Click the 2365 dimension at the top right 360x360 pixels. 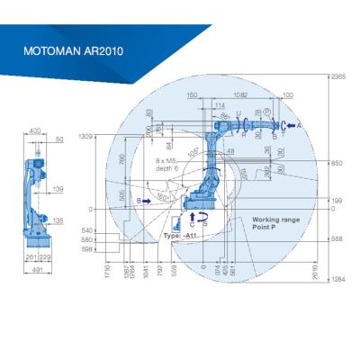tap(339, 78)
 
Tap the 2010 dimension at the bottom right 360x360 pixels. tap(316, 270)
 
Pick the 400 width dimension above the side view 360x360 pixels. tap(35, 131)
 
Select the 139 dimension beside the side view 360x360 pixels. tap(58, 189)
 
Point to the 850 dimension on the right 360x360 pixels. tap(337, 164)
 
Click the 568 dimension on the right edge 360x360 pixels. tap(337, 239)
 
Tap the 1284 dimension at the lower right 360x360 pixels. tap(339, 280)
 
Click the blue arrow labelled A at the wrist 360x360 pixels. tap(291, 126)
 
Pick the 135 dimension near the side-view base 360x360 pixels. tap(58, 219)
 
